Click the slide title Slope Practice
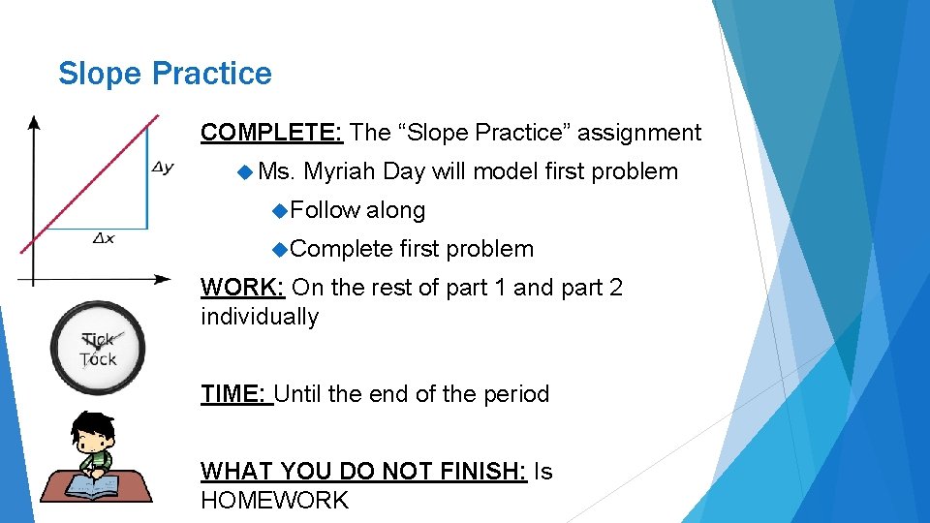pos(165,74)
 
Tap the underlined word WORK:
pos(242,288)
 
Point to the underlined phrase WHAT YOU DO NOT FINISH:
pos(363,472)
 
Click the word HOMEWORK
pos(274,501)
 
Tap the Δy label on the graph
pos(163,169)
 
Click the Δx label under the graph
pos(103,238)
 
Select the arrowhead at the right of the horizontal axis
pos(163,280)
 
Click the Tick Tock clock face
pos(98,348)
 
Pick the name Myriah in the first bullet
pos(340,171)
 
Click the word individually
pos(260,317)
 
